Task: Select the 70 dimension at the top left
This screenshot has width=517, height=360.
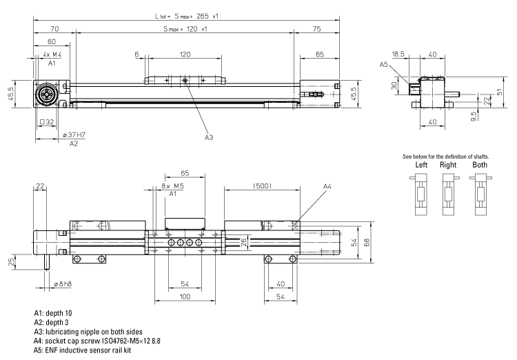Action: [54, 29]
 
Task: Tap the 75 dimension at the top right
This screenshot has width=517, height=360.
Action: [316, 29]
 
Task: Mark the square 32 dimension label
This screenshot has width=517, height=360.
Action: [48, 123]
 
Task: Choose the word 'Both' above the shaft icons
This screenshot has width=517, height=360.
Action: [479, 166]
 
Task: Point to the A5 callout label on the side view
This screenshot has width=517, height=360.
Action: [384, 65]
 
